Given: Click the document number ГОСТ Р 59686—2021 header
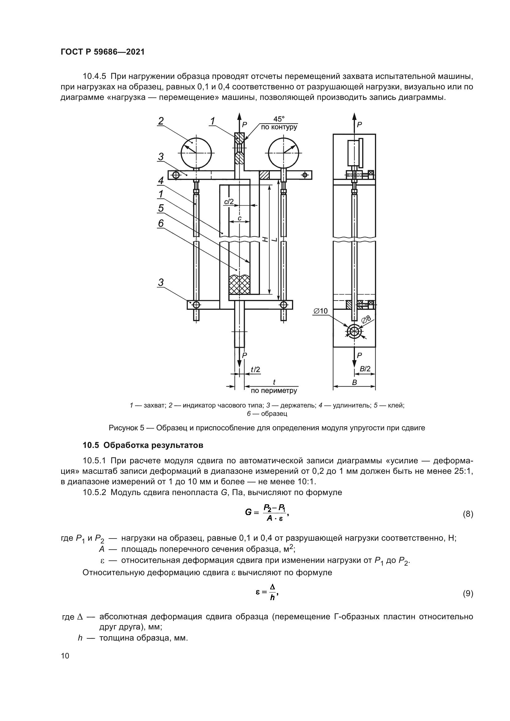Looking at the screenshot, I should point(103,52).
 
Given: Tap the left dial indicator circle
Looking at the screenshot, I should point(196,153).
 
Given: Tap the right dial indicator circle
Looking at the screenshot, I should point(284,153).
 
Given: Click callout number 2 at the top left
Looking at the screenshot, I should point(161,121).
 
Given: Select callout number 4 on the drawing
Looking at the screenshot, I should point(161,181).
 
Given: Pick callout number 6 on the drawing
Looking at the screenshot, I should point(161,223).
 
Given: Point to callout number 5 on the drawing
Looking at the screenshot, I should point(161,208).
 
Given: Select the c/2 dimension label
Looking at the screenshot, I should point(229,202).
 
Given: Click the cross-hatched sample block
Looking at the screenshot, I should point(239,285).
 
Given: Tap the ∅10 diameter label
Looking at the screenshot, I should point(320,311).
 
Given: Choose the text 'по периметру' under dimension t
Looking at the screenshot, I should point(274,391).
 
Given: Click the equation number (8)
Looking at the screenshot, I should point(468,514).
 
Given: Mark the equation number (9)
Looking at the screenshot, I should point(468,593).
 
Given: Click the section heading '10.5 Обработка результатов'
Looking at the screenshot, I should point(142,445).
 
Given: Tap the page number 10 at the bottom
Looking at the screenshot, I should point(65,656).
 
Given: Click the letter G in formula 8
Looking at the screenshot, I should point(248,512).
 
